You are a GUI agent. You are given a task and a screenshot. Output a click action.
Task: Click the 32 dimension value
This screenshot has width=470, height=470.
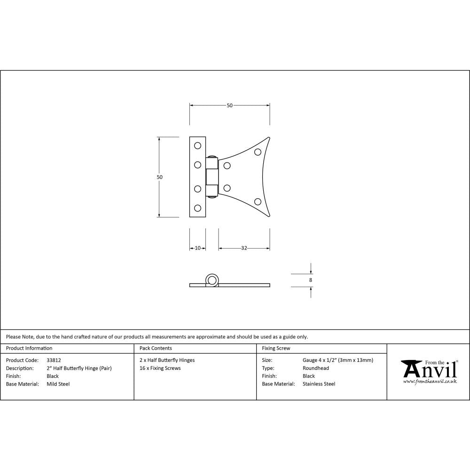pyautogui.click(x=244, y=248)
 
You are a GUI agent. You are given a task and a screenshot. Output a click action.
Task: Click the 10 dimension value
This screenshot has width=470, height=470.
pyautogui.click(x=197, y=248)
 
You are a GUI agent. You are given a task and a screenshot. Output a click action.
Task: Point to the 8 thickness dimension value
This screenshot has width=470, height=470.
pyautogui.click(x=311, y=280)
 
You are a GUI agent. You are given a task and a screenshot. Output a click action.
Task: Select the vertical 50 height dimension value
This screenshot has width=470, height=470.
pyautogui.click(x=160, y=177)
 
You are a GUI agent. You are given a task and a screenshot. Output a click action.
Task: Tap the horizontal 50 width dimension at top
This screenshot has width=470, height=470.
pyautogui.click(x=230, y=105)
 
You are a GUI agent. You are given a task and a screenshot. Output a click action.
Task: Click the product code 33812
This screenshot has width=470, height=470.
pyautogui.click(x=54, y=360)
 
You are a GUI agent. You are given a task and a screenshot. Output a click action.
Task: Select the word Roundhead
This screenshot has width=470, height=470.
pyautogui.click(x=316, y=368)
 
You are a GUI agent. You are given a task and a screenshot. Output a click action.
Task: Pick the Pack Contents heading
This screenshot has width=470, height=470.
pyautogui.click(x=156, y=348)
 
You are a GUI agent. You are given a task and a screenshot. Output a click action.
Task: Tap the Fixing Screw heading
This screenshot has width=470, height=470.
pyautogui.click(x=276, y=348)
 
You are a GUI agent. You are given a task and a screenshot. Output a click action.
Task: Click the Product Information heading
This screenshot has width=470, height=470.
pyautogui.click(x=29, y=348)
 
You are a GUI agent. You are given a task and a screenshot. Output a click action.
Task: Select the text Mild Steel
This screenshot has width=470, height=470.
pyautogui.click(x=58, y=384)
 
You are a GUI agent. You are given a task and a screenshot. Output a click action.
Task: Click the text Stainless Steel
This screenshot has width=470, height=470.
pyautogui.click(x=319, y=384)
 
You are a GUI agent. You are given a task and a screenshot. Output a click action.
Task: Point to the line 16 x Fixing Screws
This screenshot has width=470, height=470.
pyautogui.click(x=160, y=368)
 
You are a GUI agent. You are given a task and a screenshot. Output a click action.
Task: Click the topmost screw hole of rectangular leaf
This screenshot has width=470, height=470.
pyautogui.click(x=197, y=145)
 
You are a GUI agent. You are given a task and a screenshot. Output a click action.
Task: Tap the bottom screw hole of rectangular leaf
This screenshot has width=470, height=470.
pyautogui.click(x=197, y=208)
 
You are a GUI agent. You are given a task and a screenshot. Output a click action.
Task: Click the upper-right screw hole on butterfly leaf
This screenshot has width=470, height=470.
pyautogui.click(x=258, y=152)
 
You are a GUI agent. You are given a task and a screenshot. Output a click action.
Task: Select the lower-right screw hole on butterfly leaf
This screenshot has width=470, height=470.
pyautogui.click(x=258, y=202)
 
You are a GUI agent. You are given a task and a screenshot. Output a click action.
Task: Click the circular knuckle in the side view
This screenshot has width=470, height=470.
pyautogui.click(x=212, y=281)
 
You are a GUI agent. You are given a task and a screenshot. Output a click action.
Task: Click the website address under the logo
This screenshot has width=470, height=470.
pyautogui.click(x=430, y=382)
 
